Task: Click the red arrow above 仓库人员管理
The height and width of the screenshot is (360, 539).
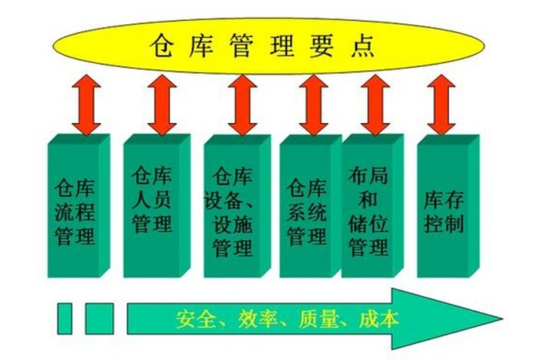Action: click(x=162, y=105)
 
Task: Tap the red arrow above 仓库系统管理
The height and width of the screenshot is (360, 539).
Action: click(x=313, y=105)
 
